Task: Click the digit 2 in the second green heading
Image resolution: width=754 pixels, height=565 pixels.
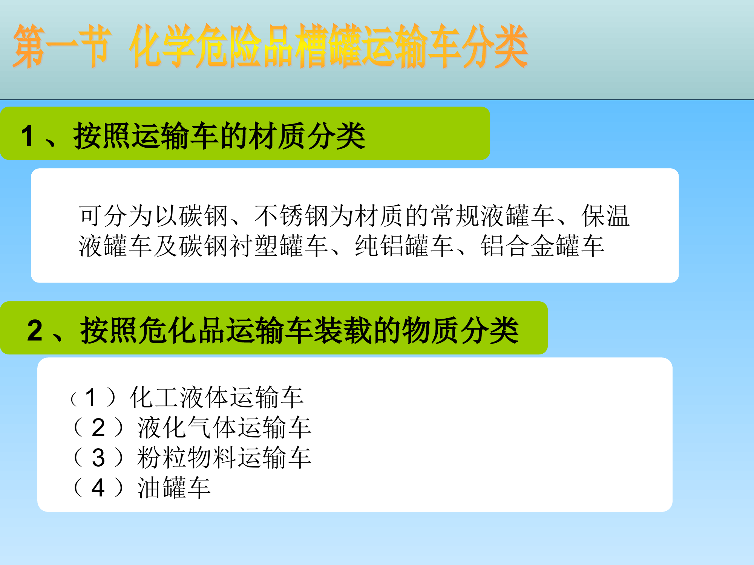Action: coord(35,331)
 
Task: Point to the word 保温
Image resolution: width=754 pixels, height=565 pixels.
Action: coord(605,216)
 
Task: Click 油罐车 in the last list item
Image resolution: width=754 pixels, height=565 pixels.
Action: coord(174,488)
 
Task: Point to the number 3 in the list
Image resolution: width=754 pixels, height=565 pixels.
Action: coord(98,458)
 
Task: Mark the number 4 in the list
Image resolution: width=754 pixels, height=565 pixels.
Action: coord(98,488)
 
